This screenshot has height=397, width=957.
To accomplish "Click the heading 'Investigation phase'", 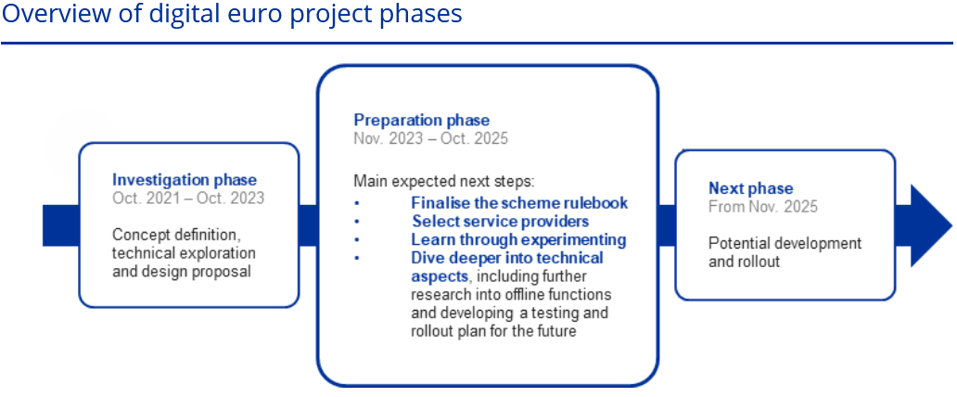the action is coord(185,180).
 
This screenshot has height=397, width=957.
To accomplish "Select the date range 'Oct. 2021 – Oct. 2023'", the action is coord(188,198).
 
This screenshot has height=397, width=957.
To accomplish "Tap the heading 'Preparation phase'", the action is coord(422,121).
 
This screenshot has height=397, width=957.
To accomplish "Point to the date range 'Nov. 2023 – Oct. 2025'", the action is coord(431,138).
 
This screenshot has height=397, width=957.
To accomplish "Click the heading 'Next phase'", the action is coord(751,188).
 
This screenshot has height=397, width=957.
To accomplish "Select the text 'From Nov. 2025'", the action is coord(763,207).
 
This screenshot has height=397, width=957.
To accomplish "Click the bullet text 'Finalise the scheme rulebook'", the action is coord(519,203).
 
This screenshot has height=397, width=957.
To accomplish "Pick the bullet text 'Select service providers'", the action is coord(501,221).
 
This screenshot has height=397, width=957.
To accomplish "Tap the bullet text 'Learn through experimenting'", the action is coord(518,239).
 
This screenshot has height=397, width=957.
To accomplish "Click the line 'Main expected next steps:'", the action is coord(443,182).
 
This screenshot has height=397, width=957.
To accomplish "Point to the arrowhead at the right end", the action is coord(951,225).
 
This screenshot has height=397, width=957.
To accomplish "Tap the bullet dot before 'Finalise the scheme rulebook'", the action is coord(357,203).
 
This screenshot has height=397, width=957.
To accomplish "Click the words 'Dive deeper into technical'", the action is coord(507,258).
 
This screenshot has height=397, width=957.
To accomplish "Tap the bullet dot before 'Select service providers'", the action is coord(357,221).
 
